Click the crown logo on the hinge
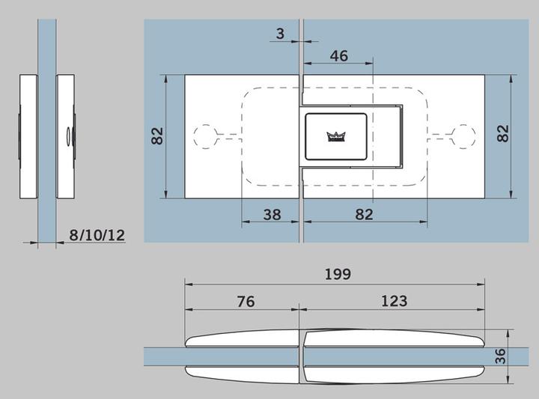coord(334,135)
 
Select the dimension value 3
coord(280,34)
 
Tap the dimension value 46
coord(339,56)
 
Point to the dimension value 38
coord(272,214)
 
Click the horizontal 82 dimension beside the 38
coord(364,214)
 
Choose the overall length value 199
coord(338,274)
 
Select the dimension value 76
coord(246,301)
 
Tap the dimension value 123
coord(394,301)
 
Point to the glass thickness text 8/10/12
coord(97,235)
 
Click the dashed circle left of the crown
coord(204,135)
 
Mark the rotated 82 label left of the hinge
coord(157,136)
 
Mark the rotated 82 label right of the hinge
coord(503,133)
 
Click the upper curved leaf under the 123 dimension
coord(394,338)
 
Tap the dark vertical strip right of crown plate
coord(402,136)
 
